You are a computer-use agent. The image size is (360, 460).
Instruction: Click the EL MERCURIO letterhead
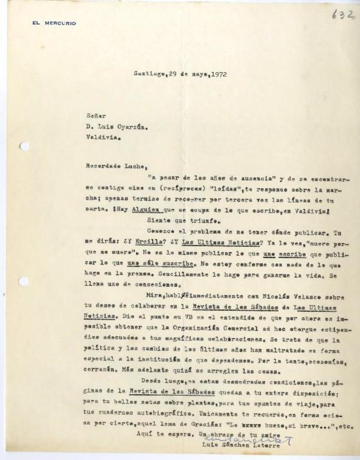pos(54,23)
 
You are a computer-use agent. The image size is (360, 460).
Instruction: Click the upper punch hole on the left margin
pos(24,146)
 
